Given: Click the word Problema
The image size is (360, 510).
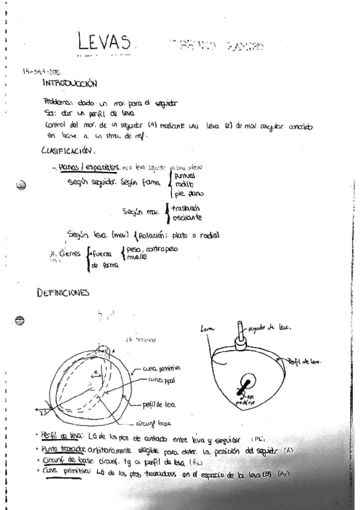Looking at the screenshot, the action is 58,102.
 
